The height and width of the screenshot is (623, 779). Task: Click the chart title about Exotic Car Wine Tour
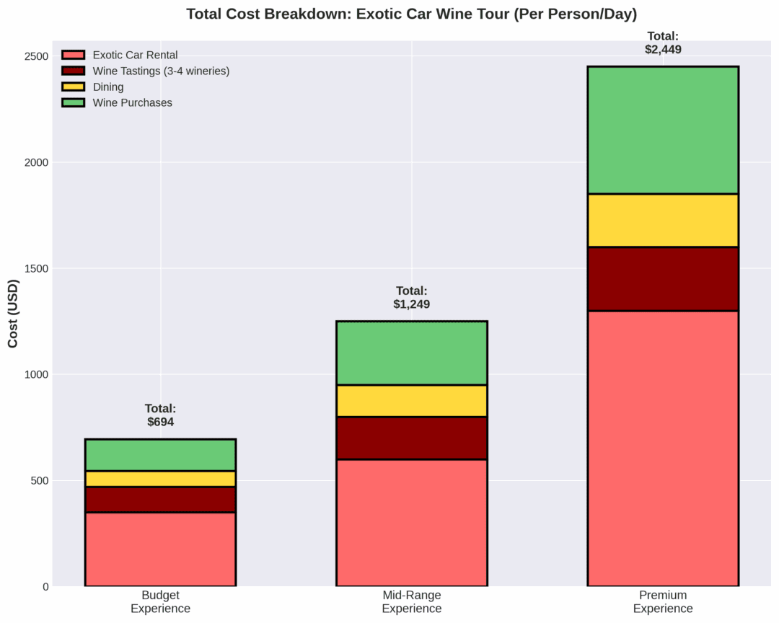click(x=411, y=14)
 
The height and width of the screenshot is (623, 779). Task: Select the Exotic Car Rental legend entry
click(x=135, y=55)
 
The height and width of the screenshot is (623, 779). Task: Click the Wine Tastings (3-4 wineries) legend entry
click(x=161, y=71)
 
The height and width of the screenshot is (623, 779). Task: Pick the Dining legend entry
click(x=108, y=87)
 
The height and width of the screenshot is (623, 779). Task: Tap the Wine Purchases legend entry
click(x=132, y=102)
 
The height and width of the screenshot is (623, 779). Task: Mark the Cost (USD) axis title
click(x=13, y=313)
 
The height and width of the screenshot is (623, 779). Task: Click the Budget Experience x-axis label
click(x=160, y=602)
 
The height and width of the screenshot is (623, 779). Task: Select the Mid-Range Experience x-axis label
click(x=412, y=602)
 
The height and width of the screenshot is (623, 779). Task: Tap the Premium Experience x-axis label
click(x=663, y=602)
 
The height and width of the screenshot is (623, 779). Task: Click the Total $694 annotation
click(x=160, y=415)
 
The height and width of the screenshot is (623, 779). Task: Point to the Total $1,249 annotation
click(x=412, y=297)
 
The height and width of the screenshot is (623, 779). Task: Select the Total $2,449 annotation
click(x=663, y=43)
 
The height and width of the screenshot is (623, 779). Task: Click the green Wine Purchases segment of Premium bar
click(x=663, y=130)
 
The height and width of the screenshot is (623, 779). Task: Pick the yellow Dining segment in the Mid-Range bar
click(x=412, y=401)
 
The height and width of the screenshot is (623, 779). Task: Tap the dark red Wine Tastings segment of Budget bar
click(x=160, y=500)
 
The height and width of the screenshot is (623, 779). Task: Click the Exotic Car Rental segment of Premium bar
click(x=663, y=448)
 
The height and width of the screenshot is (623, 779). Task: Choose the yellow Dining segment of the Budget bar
click(x=160, y=479)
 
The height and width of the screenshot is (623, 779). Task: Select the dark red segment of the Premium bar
click(x=663, y=278)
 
